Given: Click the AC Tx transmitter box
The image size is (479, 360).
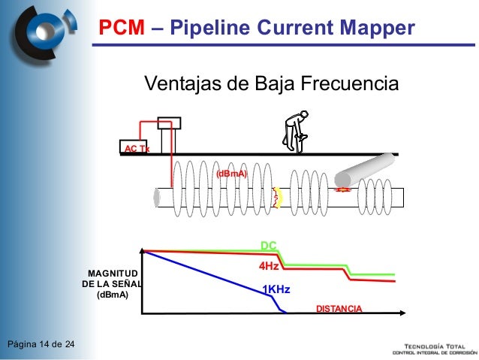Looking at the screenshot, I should [x=136, y=148].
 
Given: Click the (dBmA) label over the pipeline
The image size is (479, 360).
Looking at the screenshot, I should [x=231, y=174].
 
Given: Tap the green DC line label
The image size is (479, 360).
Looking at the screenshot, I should [x=269, y=246].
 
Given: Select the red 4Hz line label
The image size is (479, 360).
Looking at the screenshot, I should [x=269, y=267].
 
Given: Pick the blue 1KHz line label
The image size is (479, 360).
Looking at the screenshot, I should [x=276, y=290].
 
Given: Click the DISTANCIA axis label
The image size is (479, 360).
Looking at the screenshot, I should [x=337, y=310].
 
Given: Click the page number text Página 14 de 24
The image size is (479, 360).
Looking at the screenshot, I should [x=41, y=345].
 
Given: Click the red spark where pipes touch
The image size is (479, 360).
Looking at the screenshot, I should [x=344, y=189].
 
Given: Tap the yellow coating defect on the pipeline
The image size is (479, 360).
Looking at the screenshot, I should [x=278, y=197].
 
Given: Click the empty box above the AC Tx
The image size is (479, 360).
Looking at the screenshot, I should [x=170, y=123].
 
